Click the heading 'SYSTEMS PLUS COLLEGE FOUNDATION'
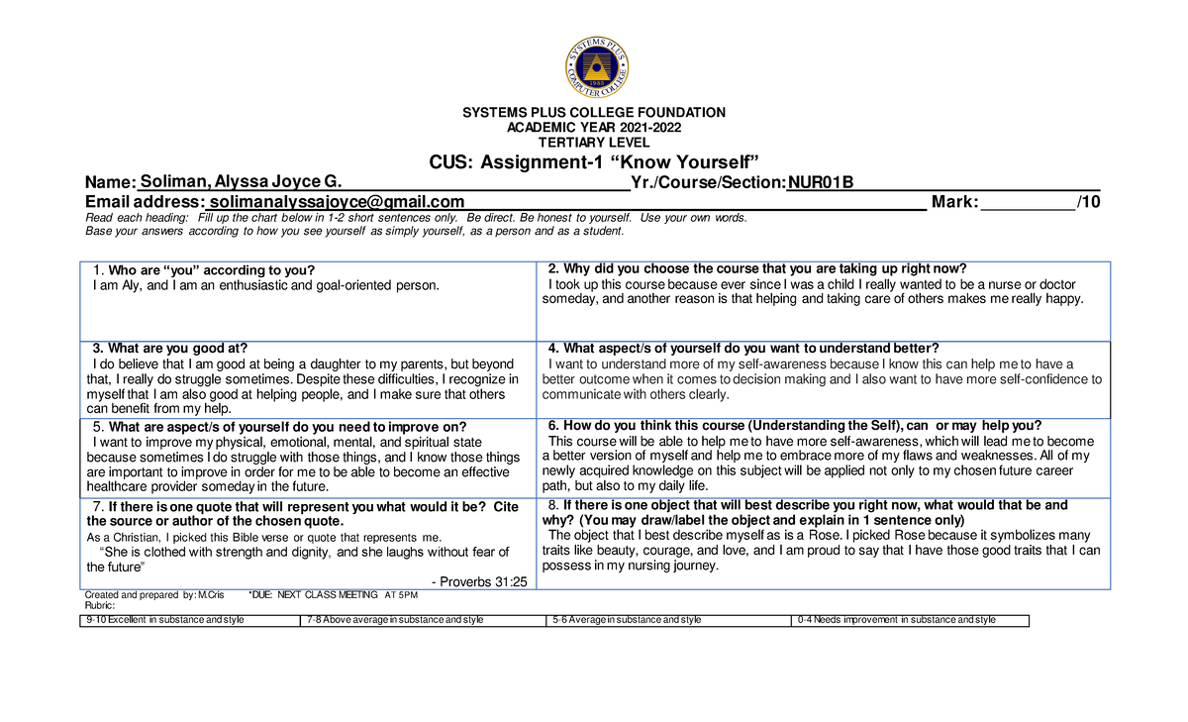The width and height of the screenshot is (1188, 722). [594, 113]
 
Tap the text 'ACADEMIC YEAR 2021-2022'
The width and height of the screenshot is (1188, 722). [594, 128]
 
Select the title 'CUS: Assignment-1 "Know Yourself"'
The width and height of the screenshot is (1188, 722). [593, 162]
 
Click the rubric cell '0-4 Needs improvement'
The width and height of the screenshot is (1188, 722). [896, 620]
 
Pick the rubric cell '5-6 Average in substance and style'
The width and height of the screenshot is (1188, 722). [626, 620]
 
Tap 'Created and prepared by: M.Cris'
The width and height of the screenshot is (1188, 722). [154, 594]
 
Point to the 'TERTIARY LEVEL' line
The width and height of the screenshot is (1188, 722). [594, 143]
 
